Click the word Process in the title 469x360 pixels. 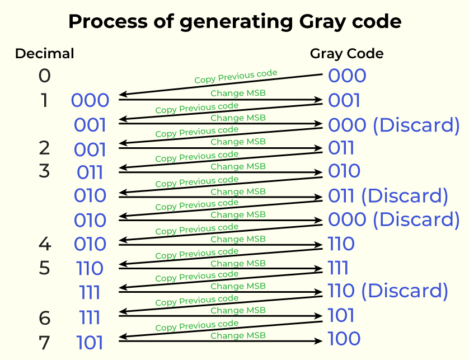[x=101, y=21]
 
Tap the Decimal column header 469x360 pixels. [x=44, y=54]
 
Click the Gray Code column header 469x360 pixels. [x=347, y=54]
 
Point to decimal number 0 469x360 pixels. [x=45, y=76]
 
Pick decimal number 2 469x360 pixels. [x=45, y=148]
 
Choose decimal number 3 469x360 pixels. [x=45, y=171]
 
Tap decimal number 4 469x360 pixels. [x=45, y=244]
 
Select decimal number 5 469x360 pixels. [x=45, y=268]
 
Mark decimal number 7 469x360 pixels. [x=45, y=341]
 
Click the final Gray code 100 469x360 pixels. [x=344, y=339]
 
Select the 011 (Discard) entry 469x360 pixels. [x=388, y=196]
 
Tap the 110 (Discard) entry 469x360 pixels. [x=388, y=291]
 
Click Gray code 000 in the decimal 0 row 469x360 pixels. [x=347, y=76]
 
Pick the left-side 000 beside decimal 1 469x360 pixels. [x=90, y=101]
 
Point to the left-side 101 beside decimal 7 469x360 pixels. [x=90, y=342]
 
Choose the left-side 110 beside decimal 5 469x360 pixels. [x=90, y=268]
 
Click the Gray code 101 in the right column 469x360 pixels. [x=341, y=315]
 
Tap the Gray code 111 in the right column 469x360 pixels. [x=339, y=268]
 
